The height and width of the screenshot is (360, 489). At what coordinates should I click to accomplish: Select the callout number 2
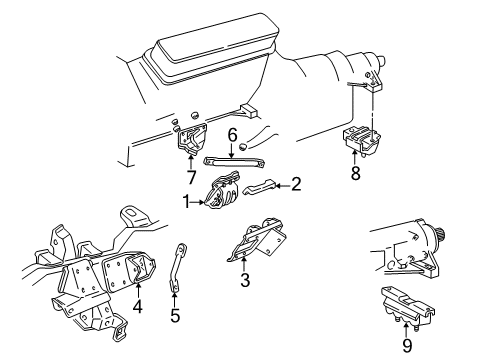pyautogui.click(x=296, y=183)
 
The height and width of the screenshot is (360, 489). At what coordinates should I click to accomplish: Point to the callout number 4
pyautogui.click(x=137, y=308)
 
